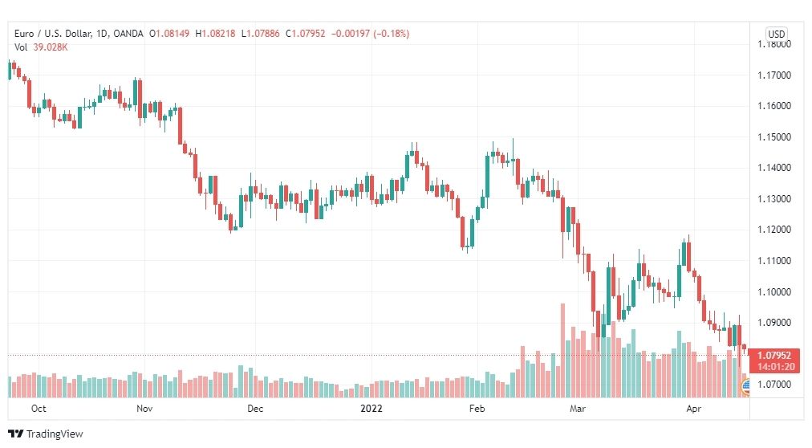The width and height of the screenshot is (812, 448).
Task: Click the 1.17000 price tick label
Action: pyautogui.click(x=774, y=75)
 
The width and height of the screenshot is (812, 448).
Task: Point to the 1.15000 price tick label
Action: pyautogui.click(x=774, y=137)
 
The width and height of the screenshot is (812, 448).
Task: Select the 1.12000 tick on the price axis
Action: pyautogui.click(x=774, y=230)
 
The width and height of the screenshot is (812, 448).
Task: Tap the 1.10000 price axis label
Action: pyautogui.click(x=774, y=291)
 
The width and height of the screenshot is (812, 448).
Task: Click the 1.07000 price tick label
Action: pyautogui.click(x=774, y=385)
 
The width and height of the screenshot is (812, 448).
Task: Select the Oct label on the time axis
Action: pyautogui.click(x=39, y=409)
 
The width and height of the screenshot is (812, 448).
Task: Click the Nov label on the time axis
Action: pyautogui.click(x=144, y=409)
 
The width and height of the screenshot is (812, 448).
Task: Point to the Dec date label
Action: pyautogui.click(x=255, y=409)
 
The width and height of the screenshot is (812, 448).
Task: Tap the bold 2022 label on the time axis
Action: pyautogui.click(x=371, y=409)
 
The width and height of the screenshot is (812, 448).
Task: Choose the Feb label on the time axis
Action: pyautogui.click(x=477, y=409)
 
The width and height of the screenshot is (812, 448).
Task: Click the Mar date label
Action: pyautogui.click(x=578, y=409)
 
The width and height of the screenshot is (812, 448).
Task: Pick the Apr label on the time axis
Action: pyautogui.click(x=694, y=409)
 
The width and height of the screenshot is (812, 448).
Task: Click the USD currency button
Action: pyautogui.click(x=776, y=35)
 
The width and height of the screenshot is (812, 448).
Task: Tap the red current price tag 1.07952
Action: pyautogui.click(x=773, y=356)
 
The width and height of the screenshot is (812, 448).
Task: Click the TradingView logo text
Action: pyautogui.click(x=55, y=434)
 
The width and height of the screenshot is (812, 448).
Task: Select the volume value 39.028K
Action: pyautogui.click(x=51, y=47)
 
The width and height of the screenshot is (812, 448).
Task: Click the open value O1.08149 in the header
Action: pyautogui.click(x=169, y=34)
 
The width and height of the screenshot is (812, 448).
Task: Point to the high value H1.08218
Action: pyautogui.click(x=215, y=34)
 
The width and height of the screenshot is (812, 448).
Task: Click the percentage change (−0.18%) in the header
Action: pyautogui.click(x=391, y=34)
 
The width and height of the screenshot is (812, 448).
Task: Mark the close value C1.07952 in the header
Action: pyautogui.click(x=306, y=34)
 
